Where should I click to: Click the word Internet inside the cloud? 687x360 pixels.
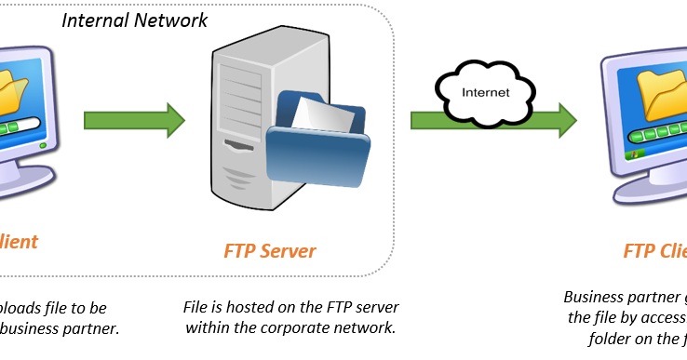(487, 93)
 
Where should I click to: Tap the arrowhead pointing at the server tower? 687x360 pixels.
(175, 121)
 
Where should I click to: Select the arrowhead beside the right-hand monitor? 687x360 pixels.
(567, 121)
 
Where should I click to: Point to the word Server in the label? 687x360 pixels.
(287, 251)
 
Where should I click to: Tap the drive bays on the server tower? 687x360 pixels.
(240, 88)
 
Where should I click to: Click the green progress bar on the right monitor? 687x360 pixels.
(661, 133)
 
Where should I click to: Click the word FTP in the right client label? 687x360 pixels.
(639, 251)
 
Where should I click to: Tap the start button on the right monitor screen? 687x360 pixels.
(638, 154)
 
